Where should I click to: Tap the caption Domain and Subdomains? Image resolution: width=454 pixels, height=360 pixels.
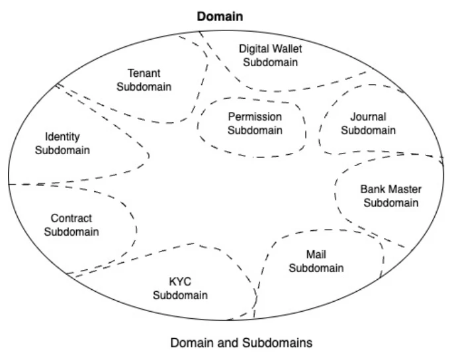pyautogui.click(x=241, y=343)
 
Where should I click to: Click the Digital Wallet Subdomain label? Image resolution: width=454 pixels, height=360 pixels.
pyautogui.click(x=270, y=56)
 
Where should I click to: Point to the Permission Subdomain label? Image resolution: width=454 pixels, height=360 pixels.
pyautogui.click(x=255, y=123)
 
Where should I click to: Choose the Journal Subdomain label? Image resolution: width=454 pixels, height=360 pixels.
pyautogui.click(x=368, y=124)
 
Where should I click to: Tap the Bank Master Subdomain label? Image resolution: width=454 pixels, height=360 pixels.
pyautogui.click(x=390, y=196)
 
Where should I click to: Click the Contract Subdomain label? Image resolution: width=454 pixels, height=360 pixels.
pyautogui.click(x=71, y=225)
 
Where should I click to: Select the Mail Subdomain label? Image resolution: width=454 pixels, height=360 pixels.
pyautogui.click(x=316, y=261)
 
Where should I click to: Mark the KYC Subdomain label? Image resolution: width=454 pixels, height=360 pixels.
pyautogui.click(x=180, y=289)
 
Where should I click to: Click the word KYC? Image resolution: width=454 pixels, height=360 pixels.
pyautogui.click(x=180, y=283)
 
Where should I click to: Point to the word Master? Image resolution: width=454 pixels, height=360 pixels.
pyautogui.click(x=405, y=189)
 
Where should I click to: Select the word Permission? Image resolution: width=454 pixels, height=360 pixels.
pyautogui.click(x=255, y=117)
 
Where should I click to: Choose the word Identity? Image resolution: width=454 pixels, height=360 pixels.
pyautogui.click(x=62, y=137)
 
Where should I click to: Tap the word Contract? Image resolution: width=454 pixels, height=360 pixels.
pyautogui.click(x=71, y=218)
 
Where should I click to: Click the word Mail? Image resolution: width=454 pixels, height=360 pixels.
pyautogui.click(x=316, y=255)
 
